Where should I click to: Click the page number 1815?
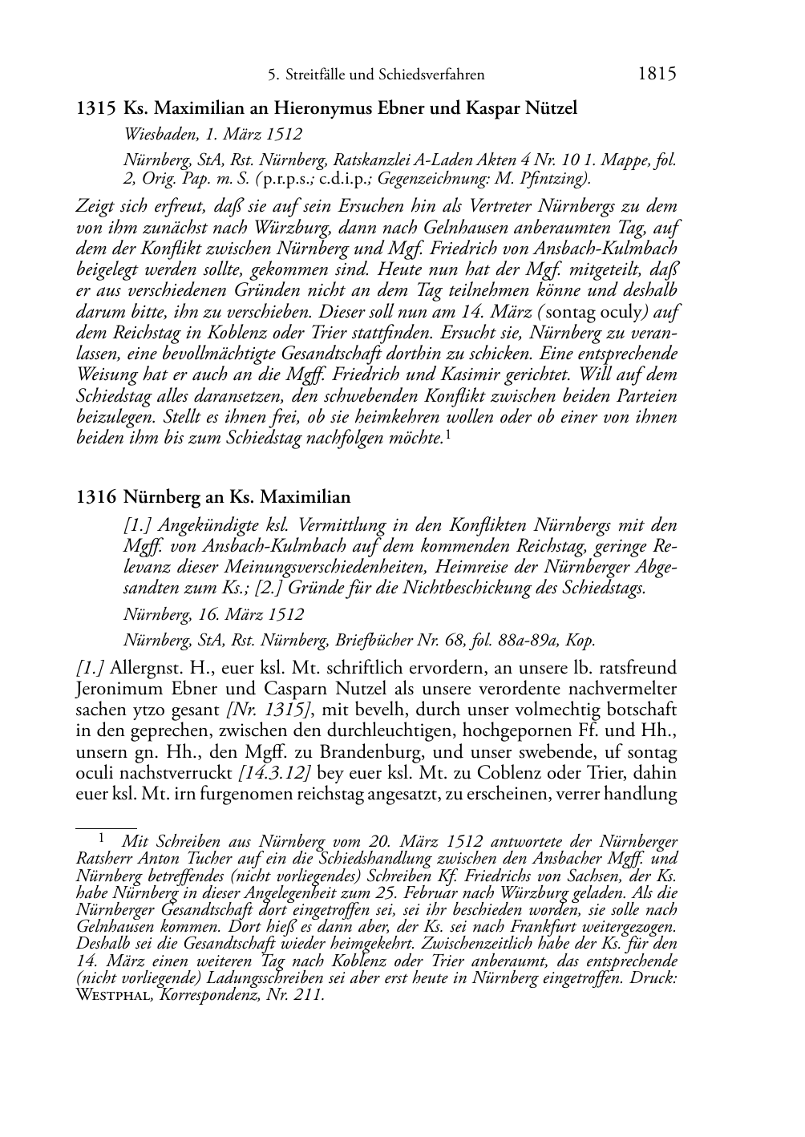pos(657,75)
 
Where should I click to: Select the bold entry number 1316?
pos(96,497)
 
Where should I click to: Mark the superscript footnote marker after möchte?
pos(447,435)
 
